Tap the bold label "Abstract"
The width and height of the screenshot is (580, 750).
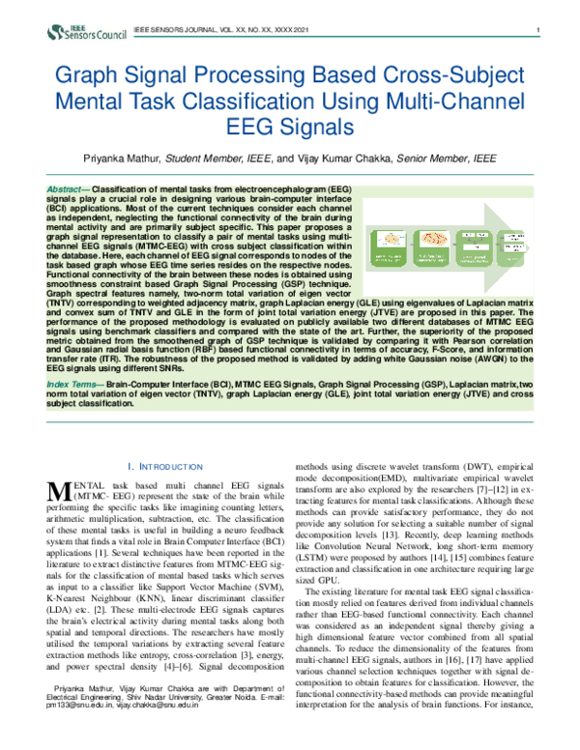pos(66,185)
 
